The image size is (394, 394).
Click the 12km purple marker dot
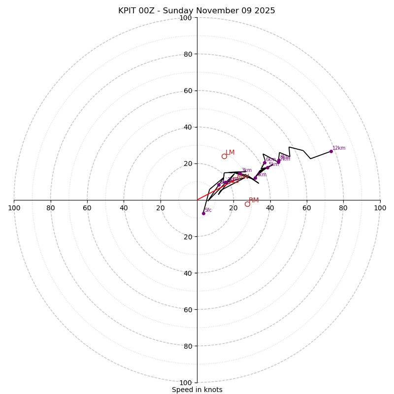331,151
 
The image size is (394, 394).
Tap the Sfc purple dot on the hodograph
203,213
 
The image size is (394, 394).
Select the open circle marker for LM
224,156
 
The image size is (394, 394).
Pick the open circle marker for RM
247,204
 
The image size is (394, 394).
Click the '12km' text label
339,148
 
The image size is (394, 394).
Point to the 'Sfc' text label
208,210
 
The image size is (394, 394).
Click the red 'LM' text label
230,153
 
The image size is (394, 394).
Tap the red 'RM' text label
254,200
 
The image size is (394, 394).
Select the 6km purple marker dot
264,163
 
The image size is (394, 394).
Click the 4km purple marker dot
255,178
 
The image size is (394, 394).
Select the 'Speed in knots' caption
197,390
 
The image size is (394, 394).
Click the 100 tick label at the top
186,18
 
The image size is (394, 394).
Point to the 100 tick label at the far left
14,208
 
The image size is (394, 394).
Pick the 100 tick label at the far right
380,208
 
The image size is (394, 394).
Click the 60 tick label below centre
188,309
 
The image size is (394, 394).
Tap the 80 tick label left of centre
51,208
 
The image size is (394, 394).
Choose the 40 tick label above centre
188,127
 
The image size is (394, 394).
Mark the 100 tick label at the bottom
186,382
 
